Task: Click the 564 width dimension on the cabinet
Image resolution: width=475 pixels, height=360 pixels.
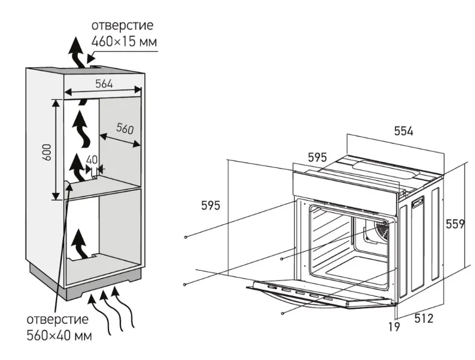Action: pos(104,84)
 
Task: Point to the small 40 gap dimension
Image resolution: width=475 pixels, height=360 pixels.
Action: pos(92,160)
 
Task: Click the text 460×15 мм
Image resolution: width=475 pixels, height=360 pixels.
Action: pos(124,41)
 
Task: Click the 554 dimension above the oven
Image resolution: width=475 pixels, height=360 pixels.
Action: pos(404,131)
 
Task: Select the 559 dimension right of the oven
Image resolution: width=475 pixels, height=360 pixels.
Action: pos(455,224)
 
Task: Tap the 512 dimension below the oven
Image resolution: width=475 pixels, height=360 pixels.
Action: pos(423,319)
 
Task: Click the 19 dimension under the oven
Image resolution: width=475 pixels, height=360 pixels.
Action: pos(394,327)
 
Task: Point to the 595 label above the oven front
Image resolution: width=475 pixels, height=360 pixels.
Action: pos(317,157)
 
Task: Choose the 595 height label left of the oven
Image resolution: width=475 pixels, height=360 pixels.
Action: pos(210,205)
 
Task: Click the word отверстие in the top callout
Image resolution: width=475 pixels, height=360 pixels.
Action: pos(122,26)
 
